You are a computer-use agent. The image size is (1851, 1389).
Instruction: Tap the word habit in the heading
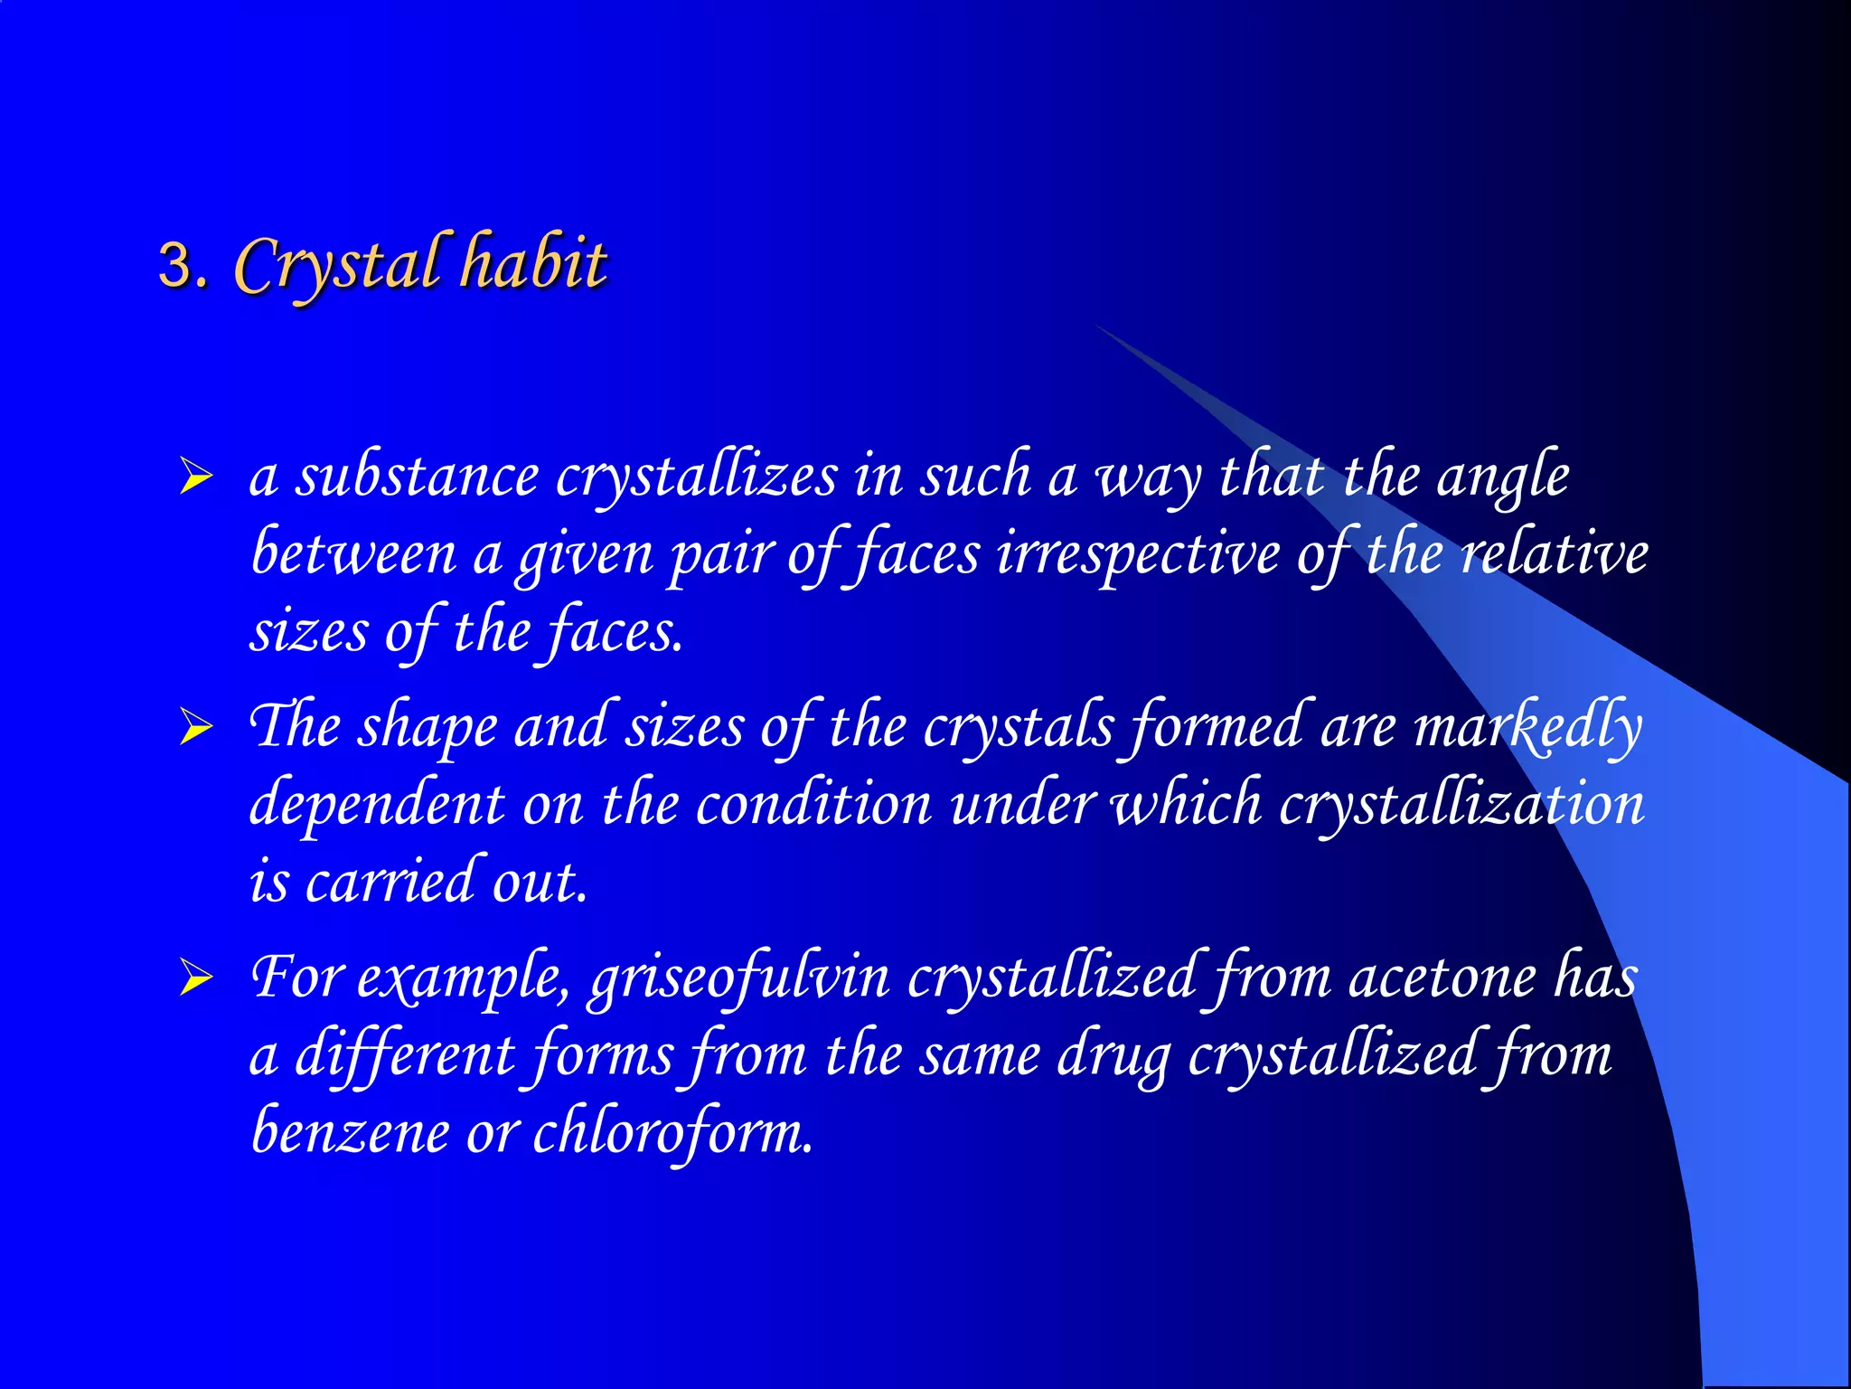click(533, 263)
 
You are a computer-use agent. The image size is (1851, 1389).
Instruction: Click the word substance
click(417, 476)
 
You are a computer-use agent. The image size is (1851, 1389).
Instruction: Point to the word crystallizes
click(696, 476)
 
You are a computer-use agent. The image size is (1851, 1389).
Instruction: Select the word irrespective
click(1138, 553)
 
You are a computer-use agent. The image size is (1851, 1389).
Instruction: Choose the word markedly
click(1527, 726)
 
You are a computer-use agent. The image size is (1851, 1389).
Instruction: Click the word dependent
click(376, 804)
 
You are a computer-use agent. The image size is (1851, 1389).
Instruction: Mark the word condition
click(813, 804)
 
